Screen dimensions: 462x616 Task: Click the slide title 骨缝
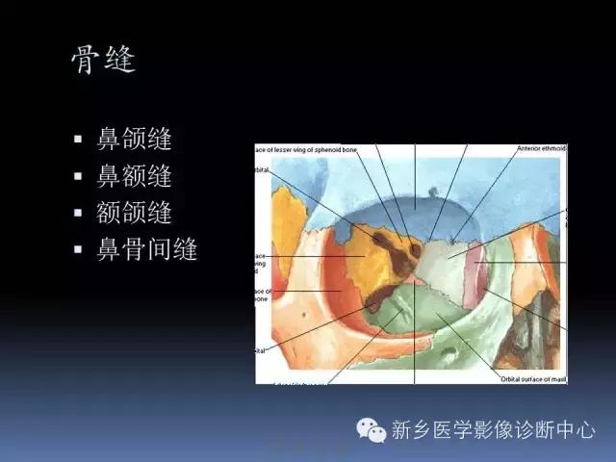tap(103, 60)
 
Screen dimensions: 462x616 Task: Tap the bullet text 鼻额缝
tap(134, 176)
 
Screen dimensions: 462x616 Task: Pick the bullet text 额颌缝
tap(134, 213)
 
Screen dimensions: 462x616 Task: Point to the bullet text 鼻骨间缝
tap(147, 250)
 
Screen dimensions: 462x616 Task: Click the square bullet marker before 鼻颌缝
tap(79, 140)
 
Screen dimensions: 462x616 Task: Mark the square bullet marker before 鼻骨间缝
tap(79, 250)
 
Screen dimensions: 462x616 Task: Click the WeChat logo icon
tap(370, 430)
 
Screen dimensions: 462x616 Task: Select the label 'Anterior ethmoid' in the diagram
tap(541, 149)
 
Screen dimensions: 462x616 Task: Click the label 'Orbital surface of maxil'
tap(533, 378)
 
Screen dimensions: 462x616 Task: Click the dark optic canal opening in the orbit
tap(415, 250)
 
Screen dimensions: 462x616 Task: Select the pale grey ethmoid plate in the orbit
tap(445, 260)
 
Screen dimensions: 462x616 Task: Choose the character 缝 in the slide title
tap(118, 60)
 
